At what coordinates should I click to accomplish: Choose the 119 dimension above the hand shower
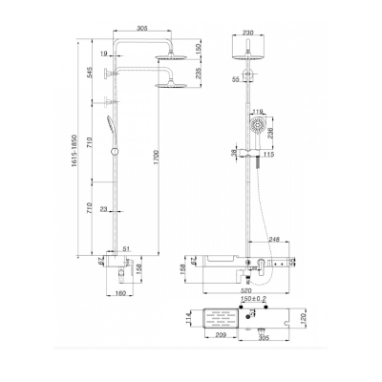[x=261, y=112]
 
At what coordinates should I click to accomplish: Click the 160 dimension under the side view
[x=121, y=294]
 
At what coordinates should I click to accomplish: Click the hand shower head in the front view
[x=256, y=129]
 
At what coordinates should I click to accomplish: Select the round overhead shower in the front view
[x=250, y=54]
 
